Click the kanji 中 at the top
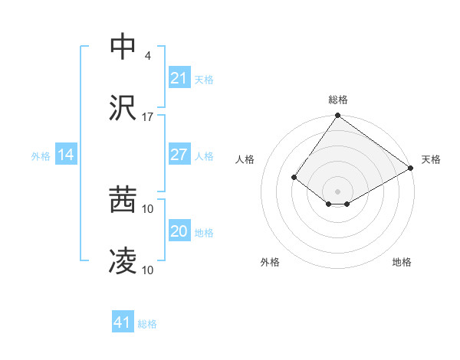click(123, 47)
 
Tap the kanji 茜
click(123, 200)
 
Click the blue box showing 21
click(179, 78)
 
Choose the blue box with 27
click(179, 155)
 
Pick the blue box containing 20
click(179, 231)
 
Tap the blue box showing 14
click(66, 155)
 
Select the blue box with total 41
click(123, 322)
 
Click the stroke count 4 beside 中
click(147, 55)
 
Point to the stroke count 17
click(148, 117)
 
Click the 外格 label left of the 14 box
click(41, 155)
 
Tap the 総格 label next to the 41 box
click(147, 323)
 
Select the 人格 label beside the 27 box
click(204, 155)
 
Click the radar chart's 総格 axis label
click(337, 100)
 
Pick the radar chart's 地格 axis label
click(402, 262)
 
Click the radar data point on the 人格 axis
click(294, 178)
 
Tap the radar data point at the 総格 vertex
click(337, 116)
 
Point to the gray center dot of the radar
click(337, 191)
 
